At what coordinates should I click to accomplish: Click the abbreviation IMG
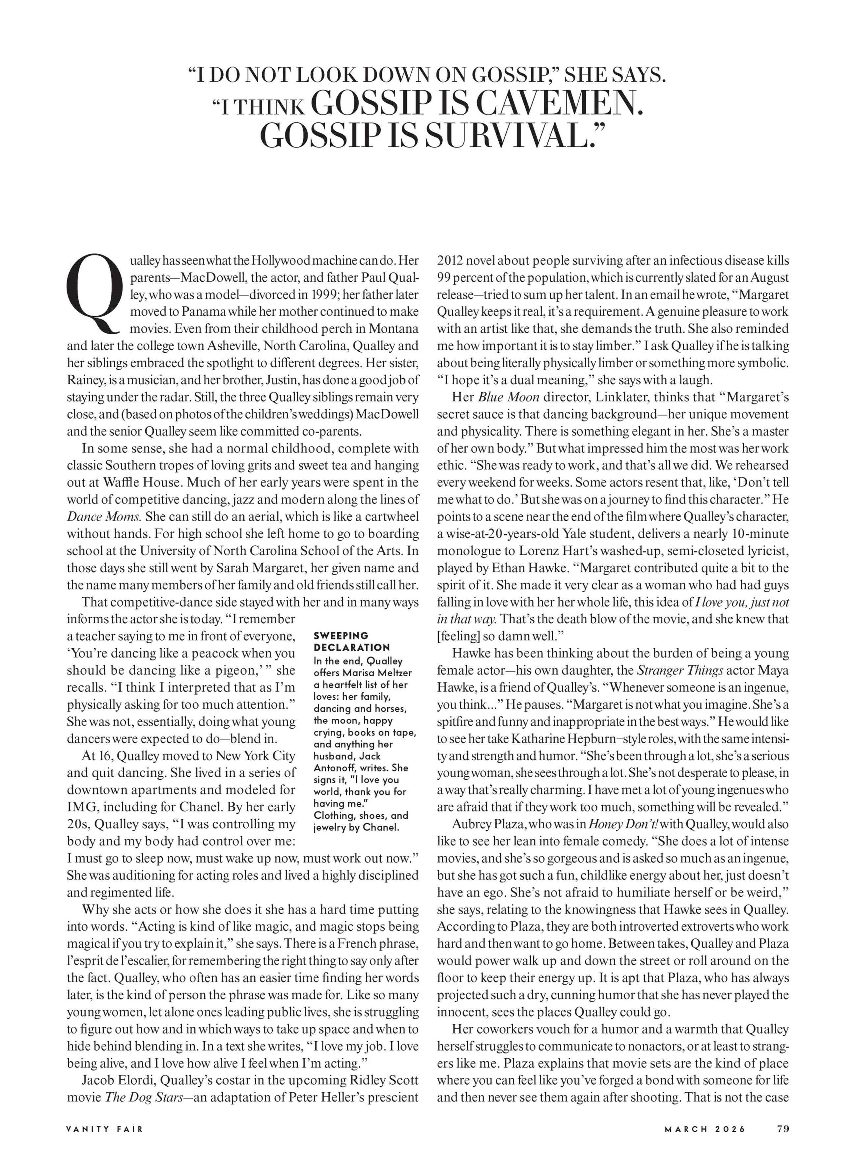tap(81, 807)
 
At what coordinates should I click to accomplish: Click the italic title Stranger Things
tap(679, 671)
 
